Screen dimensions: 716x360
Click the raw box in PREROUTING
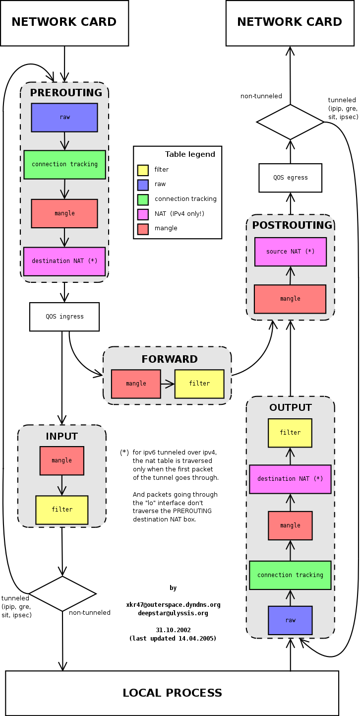tap(64, 118)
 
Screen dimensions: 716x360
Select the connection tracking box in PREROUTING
tap(64, 164)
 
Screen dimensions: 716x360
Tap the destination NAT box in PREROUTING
tap(64, 261)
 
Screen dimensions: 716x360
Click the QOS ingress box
tap(64, 317)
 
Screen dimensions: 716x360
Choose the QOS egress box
tap(290, 178)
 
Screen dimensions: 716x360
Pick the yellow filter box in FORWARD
tap(199, 384)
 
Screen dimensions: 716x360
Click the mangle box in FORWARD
tap(136, 384)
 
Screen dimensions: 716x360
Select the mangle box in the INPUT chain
tap(62, 460)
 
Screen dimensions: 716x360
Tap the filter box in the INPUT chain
tap(62, 510)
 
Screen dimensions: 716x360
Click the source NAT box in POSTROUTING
tap(290, 252)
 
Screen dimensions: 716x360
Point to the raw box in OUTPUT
tap(290, 620)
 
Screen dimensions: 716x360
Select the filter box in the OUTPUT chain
tap(290, 433)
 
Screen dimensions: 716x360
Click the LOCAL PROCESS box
tap(172, 693)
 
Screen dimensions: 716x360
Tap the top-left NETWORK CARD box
tap(64, 23)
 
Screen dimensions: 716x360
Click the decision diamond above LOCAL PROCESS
tap(62, 593)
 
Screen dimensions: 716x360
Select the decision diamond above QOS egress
tap(290, 122)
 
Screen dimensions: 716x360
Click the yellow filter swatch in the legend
tap(143, 170)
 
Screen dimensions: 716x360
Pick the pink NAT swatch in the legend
tap(143, 214)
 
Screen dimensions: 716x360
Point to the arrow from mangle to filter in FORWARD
tap(168, 384)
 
